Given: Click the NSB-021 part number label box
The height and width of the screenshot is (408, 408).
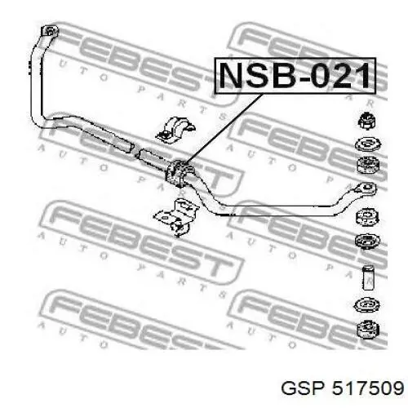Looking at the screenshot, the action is pos(295,76).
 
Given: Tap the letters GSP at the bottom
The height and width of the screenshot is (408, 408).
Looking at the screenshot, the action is pos(303,388).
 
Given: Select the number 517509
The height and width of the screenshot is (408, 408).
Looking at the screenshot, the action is pos(368,388).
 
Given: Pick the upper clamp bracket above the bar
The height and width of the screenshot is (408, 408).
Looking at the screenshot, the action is pos(175,130).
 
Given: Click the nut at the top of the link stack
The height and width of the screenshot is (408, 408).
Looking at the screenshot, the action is pos(367,121).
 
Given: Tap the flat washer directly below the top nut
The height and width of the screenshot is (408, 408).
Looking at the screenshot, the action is pos(368,144).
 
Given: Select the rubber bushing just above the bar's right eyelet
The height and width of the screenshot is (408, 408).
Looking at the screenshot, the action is pos(368,165).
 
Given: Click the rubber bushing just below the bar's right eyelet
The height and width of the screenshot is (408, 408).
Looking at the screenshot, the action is pos(367,216).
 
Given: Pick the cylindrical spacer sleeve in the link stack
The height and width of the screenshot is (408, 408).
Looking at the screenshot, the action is pos(368,277).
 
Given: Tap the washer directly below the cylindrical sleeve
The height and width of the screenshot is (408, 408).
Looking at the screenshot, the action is pos(367,305).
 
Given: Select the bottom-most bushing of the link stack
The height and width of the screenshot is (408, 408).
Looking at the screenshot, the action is pos(368,330).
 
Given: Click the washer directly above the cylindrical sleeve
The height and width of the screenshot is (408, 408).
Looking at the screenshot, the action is pos(368,241).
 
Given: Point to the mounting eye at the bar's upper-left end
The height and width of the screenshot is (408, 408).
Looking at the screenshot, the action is pos(50,31).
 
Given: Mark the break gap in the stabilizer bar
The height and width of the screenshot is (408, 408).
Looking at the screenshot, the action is pos(136,151).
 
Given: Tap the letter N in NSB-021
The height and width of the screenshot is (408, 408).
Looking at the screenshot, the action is pos(233,75).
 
